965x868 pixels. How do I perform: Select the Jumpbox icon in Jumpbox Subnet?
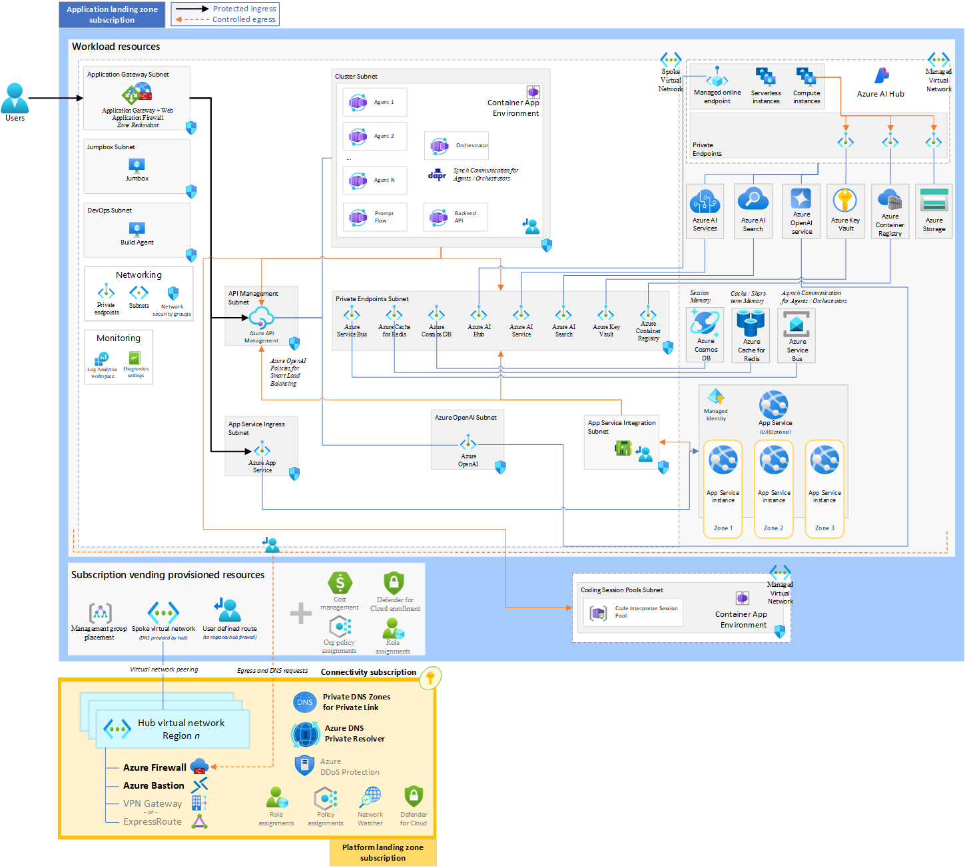(137, 165)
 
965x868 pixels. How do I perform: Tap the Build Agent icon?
(137, 228)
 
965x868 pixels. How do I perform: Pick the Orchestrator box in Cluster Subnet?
(456, 145)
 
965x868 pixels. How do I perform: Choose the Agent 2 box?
(374, 136)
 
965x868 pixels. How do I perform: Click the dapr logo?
(437, 175)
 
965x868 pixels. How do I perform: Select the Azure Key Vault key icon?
(845, 200)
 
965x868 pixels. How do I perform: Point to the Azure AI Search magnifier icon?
(753, 199)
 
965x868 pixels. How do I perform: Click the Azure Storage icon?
(934, 201)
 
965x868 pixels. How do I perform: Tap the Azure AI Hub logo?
(882, 75)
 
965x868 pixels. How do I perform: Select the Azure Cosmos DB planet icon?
(705, 322)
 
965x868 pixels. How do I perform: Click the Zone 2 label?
(773, 528)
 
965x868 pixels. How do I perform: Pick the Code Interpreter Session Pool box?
(633, 612)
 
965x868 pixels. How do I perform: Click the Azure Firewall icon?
(199, 767)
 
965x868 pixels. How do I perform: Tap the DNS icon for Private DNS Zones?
(304, 702)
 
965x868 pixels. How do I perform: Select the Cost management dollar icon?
(340, 584)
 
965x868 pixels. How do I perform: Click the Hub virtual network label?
(181, 723)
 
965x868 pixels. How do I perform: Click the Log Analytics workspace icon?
(102, 358)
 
